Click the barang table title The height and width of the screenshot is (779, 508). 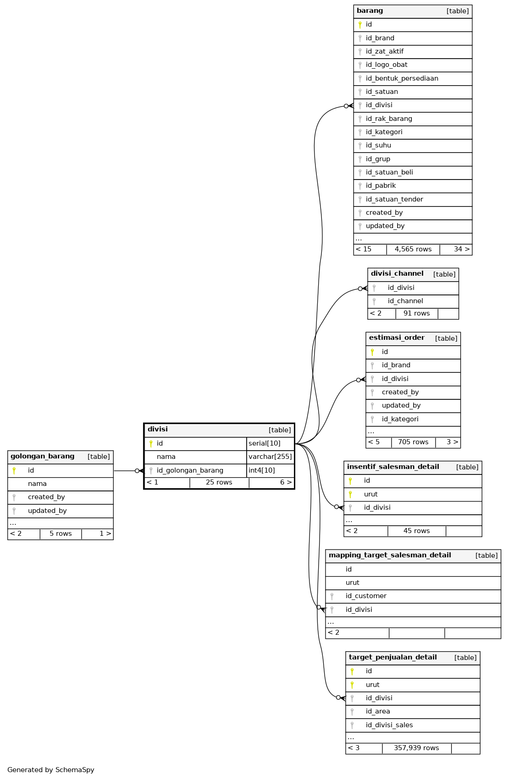pyautogui.click(x=370, y=11)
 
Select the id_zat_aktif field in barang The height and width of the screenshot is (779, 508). pyautogui.click(x=385, y=51)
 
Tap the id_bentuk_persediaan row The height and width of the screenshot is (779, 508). pyautogui.click(x=402, y=78)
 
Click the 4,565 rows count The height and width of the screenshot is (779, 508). pyautogui.click(x=413, y=249)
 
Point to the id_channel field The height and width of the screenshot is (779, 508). pyautogui.click(x=405, y=301)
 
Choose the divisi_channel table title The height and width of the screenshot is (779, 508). pyautogui.click(x=397, y=274)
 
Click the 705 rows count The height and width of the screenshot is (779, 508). pyautogui.click(x=413, y=442)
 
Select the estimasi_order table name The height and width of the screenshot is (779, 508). pyautogui.click(x=397, y=338)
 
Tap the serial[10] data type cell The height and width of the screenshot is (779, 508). pyautogui.click(x=265, y=443)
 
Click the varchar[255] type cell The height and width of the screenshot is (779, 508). pyautogui.click(x=270, y=457)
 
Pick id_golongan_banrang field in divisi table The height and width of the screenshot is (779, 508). pyautogui.click(x=190, y=470)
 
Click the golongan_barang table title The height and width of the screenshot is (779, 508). pyautogui.click(x=42, y=457)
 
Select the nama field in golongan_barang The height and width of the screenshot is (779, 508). pyautogui.click(x=37, y=484)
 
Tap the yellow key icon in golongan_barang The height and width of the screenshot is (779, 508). pyautogui.click(x=14, y=470)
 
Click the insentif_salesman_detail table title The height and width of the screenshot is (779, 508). pyautogui.click(x=393, y=467)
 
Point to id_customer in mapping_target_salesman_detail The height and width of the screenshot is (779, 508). pyautogui.click(x=366, y=596)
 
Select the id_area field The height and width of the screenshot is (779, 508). pyautogui.click(x=378, y=711)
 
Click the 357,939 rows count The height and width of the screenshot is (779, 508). pyautogui.click(x=416, y=748)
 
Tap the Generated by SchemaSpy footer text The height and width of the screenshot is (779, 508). pyautogui.click(x=51, y=770)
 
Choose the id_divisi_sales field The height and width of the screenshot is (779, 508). pyautogui.click(x=389, y=725)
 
